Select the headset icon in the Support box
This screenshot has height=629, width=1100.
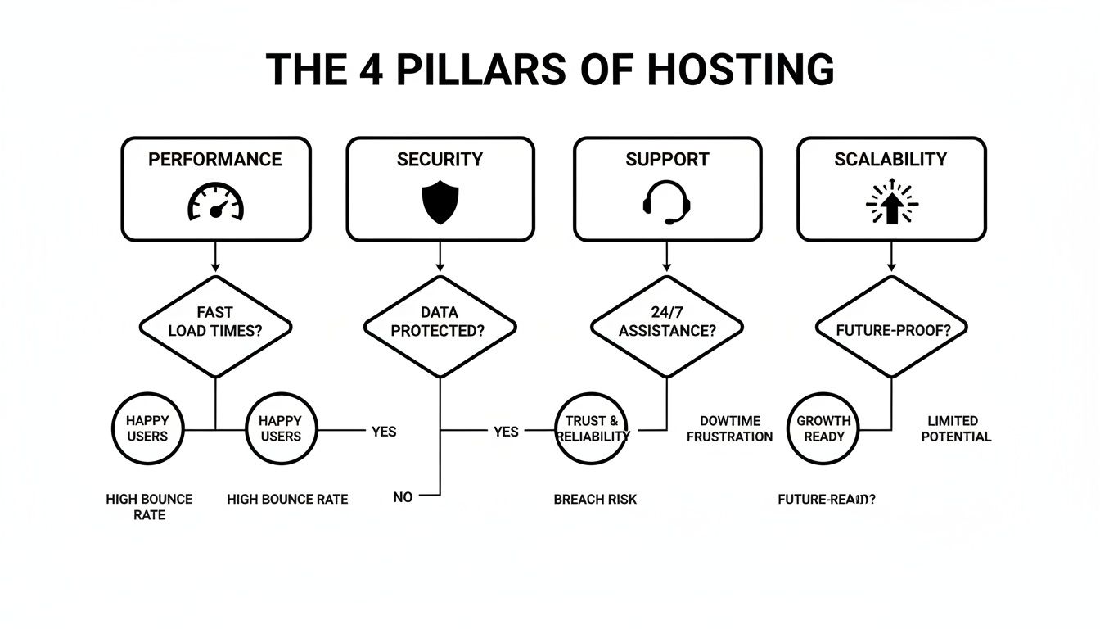(x=666, y=201)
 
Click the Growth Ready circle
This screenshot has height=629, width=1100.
(x=823, y=428)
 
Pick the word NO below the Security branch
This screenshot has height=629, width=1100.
(x=403, y=496)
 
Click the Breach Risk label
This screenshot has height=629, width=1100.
(x=595, y=499)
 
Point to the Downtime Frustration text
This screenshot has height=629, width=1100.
(x=729, y=428)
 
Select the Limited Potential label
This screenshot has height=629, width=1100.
(x=956, y=428)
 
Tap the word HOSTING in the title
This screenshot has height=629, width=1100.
(x=741, y=70)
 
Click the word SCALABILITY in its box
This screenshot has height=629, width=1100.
(x=890, y=159)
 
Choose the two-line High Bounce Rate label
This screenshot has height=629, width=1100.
(x=149, y=506)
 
